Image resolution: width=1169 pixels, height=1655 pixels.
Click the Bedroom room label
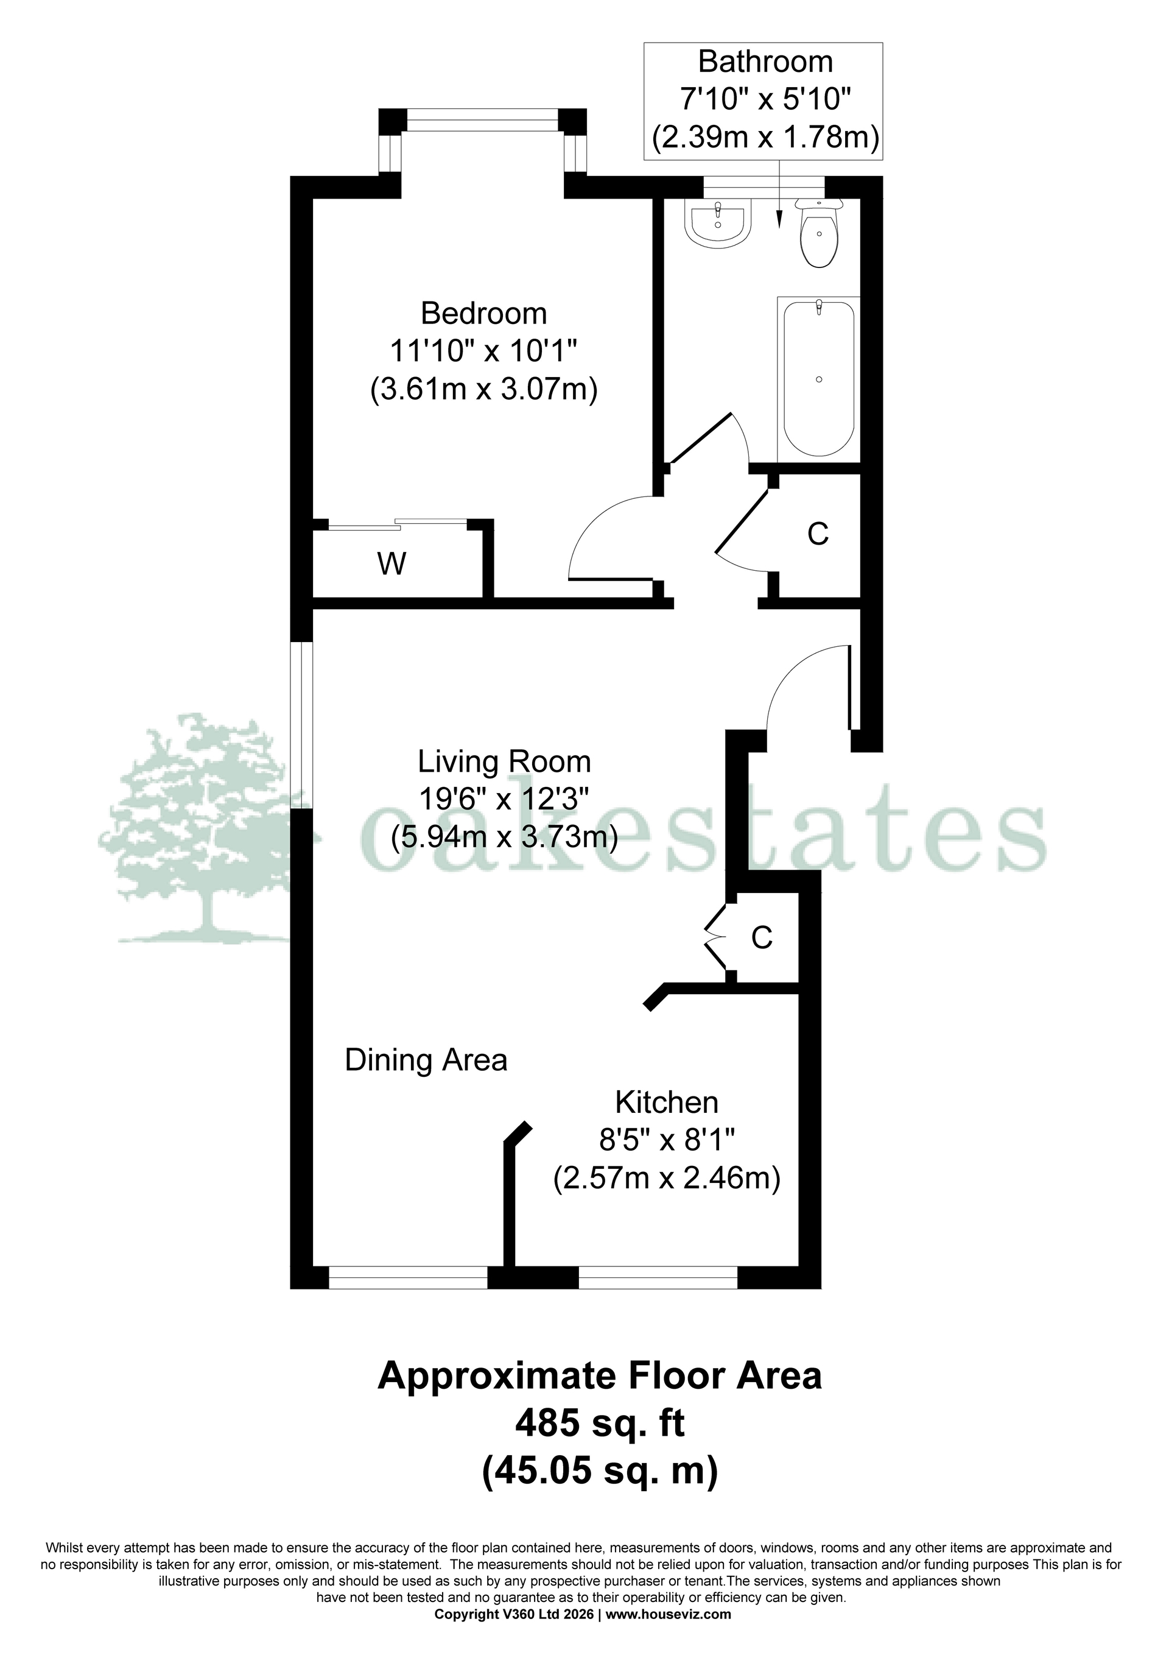click(483, 314)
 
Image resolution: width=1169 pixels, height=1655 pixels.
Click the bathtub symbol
click(819, 378)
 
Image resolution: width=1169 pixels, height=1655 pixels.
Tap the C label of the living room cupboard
click(762, 937)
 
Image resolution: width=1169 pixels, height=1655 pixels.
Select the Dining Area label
click(426, 1060)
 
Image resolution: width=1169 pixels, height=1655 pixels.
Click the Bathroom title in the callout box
click(765, 62)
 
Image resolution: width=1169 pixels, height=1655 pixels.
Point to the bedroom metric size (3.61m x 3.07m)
click(483, 390)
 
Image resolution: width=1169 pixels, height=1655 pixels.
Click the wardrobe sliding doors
click(398, 524)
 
